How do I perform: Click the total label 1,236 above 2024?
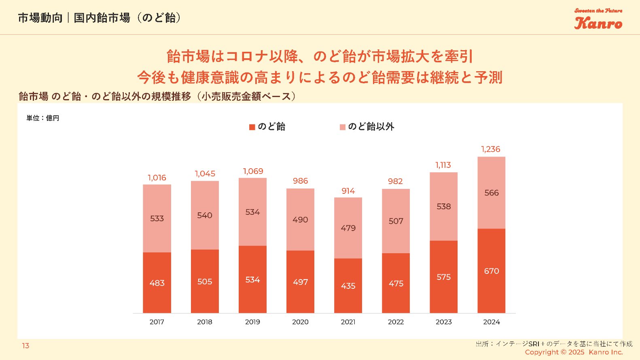click(491, 149)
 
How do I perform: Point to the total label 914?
click(348, 191)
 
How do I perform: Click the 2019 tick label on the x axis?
click(252, 322)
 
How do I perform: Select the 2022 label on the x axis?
click(396, 322)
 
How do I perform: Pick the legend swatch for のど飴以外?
click(343, 127)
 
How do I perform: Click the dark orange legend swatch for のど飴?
click(252, 127)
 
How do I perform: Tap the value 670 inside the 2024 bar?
click(492, 271)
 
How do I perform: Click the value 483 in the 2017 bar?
click(157, 283)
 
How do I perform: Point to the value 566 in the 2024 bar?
click(492, 193)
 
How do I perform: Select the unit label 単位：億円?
click(43, 118)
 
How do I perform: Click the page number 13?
click(25, 346)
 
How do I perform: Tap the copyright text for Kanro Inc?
click(574, 352)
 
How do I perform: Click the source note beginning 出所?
click(554, 344)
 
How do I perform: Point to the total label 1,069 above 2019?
click(253, 171)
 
